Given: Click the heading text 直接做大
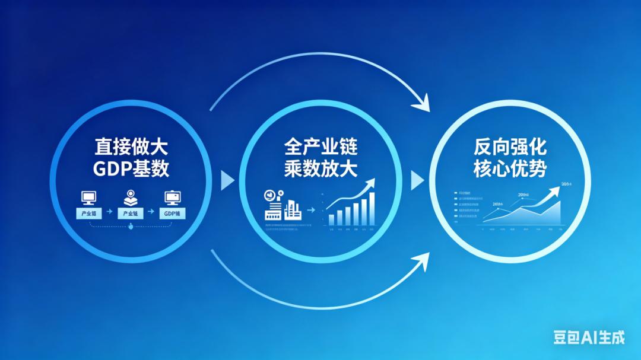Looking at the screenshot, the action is pos(131,146).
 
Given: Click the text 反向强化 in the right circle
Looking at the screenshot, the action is pos(510,146).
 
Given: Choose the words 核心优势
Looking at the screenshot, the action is pos(510,169).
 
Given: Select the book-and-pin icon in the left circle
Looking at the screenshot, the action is pos(131,198).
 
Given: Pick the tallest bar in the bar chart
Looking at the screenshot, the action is pos(372,208).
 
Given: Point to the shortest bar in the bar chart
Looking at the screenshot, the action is pos(331,220).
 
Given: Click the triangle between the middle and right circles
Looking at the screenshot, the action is pos(418,180).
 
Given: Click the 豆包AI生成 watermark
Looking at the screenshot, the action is pos(588,337).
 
